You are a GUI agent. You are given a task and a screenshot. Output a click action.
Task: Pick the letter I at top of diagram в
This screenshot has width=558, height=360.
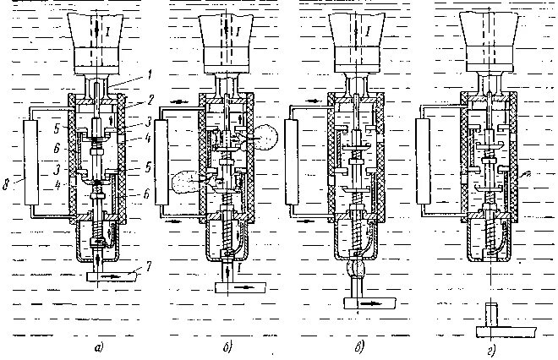(369, 32)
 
